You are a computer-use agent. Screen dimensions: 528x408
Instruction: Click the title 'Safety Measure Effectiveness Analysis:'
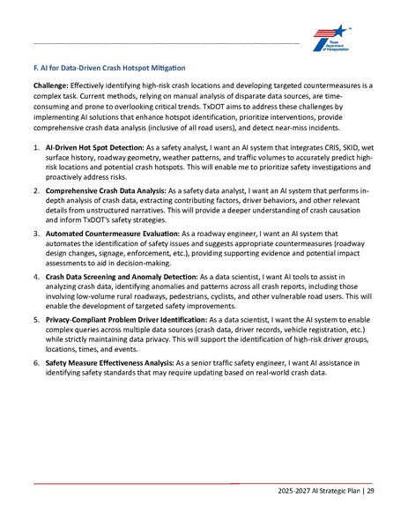click(x=108, y=372)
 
